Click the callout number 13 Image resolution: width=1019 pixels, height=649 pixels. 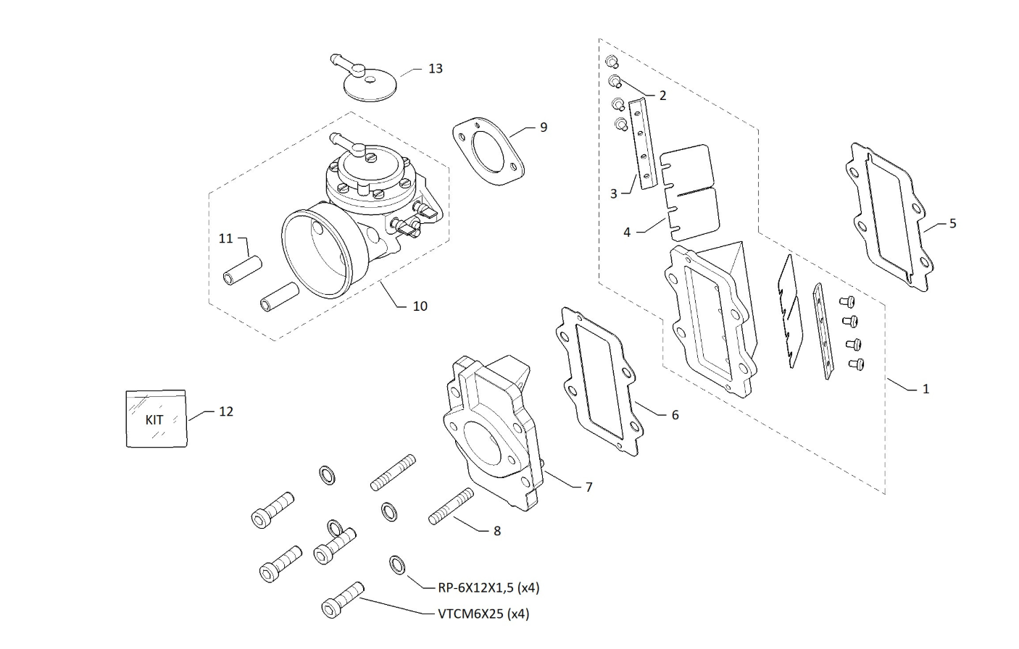436,69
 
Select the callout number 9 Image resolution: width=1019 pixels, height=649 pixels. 544,127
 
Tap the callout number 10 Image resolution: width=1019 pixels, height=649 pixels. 420,306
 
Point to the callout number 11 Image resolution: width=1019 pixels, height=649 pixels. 226,238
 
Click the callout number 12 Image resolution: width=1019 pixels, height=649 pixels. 226,411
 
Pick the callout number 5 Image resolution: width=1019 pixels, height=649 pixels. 952,223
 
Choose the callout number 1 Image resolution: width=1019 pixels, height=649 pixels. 926,389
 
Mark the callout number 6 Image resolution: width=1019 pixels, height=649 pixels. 675,415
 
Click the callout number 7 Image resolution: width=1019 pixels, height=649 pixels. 588,487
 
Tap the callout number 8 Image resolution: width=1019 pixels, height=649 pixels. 496,531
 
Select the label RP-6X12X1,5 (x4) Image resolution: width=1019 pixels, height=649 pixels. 488,587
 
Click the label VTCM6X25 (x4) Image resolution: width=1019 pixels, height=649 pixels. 483,614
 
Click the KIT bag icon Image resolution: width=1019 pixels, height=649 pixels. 156,419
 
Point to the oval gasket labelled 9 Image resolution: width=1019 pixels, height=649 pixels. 488,153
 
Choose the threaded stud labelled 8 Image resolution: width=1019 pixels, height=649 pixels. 451,506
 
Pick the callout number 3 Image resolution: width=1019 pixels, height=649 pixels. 614,194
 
